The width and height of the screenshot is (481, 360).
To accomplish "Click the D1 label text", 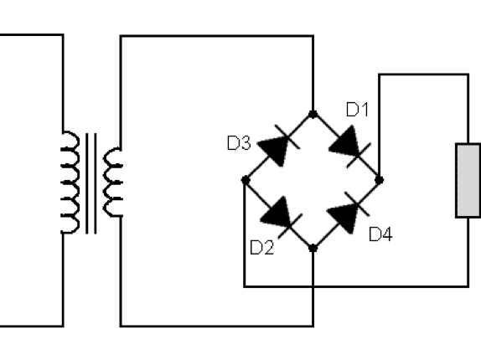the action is coord(357,110).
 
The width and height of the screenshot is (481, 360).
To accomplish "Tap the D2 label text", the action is coord(262,248).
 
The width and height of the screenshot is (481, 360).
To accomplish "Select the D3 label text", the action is coord(239,143).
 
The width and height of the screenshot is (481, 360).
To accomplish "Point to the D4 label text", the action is coord(380,234).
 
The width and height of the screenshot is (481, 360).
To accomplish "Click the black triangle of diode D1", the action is coord(345,143).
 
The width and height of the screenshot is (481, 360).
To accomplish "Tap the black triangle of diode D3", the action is coord(274,150).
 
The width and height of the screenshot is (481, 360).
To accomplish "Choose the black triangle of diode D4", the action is coord(343,218).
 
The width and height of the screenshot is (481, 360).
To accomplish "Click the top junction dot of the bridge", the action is coord(313,115).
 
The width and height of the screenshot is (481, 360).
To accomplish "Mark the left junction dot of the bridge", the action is coord(246,180).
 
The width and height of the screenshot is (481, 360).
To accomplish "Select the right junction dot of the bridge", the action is coord(380,180).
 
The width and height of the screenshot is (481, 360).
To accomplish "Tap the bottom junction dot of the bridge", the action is coord(313,248).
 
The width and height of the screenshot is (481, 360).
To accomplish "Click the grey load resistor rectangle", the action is coord(468,181).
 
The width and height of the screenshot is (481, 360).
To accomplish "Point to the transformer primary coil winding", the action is coord(70,183).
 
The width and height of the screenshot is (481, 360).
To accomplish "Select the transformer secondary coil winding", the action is coord(113,183).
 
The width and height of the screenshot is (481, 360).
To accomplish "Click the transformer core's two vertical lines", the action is coord(91,183).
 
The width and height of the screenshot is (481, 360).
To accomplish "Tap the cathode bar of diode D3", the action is coord(287,137).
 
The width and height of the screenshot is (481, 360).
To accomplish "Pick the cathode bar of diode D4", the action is coord(357,204).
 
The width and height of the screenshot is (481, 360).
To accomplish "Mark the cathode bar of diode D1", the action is coord(359,156).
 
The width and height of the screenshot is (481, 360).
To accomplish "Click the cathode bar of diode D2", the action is coord(290,226).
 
